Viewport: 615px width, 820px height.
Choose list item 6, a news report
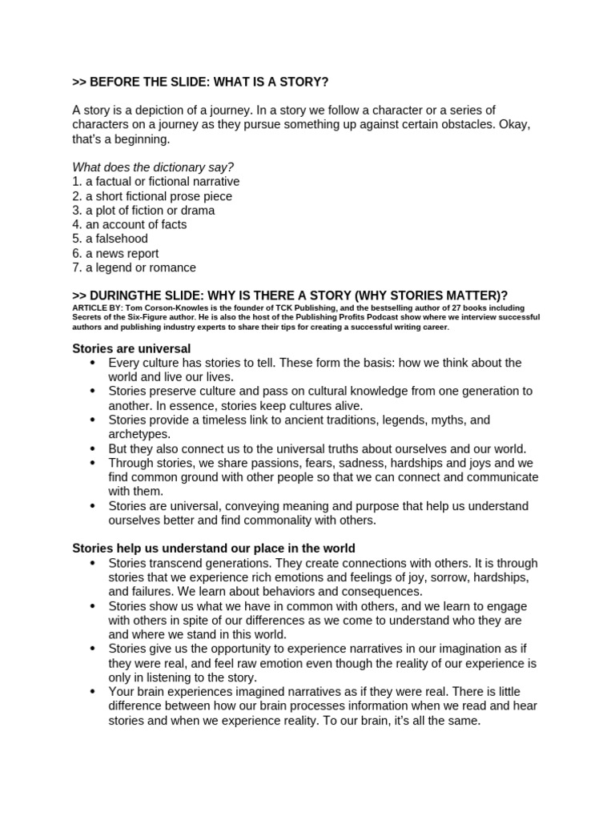pos(115,253)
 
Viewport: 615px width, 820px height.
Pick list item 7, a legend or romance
pos(134,267)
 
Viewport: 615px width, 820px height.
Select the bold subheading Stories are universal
pos(131,348)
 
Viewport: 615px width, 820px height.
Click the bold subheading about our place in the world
pos(214,549)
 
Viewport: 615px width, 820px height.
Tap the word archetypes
pos(139,434)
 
